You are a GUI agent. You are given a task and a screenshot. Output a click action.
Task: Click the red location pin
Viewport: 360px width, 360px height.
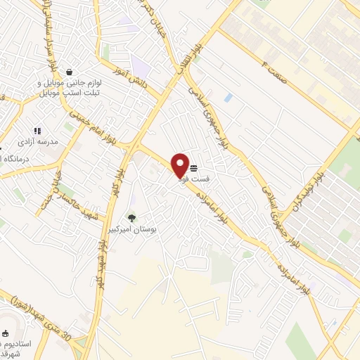pyautogui.click(x=180, y=165)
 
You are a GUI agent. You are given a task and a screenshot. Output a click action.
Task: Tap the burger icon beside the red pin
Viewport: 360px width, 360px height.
pyautogui.click(x=193, y=167)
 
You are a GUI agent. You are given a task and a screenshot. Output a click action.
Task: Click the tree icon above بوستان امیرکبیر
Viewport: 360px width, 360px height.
pyautogui.click(x=131, y=217)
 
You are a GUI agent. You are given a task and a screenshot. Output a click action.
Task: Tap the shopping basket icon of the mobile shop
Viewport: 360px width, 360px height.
pyautogui.click(x=69, y=72)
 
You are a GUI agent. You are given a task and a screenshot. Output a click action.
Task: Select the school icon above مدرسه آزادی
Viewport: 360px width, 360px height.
pyautogui.click(x=37, y=131)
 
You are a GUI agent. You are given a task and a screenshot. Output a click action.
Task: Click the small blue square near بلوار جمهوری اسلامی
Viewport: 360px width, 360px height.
pyautogui.click(x=229, y=97)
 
